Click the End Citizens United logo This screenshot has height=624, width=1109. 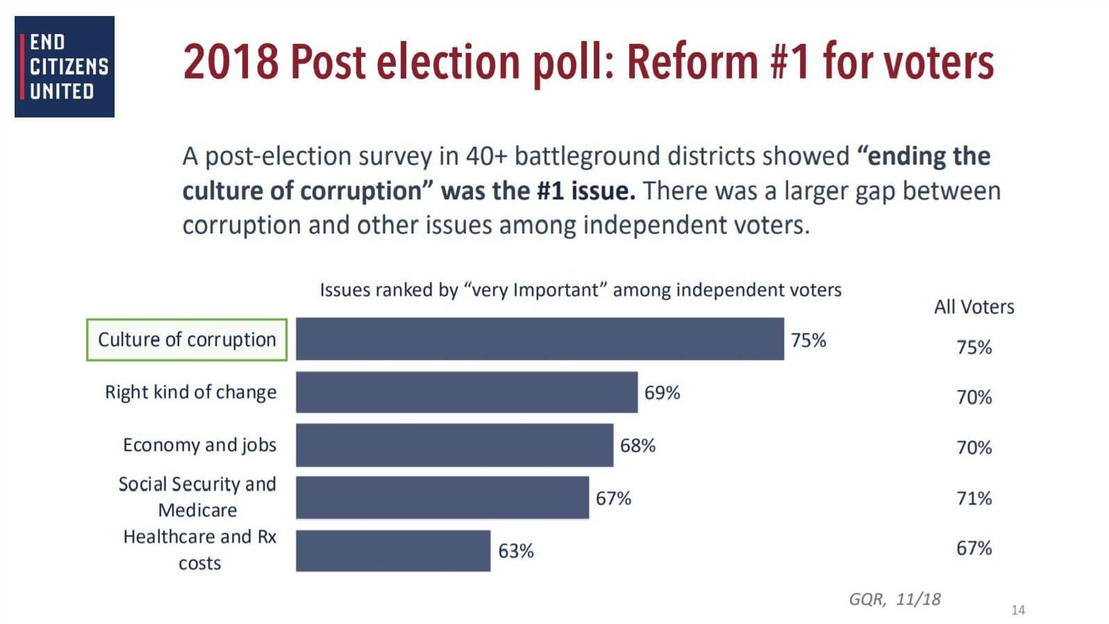pos(64,67)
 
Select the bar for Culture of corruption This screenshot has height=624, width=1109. pos(539,339)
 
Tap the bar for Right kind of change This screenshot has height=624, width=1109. pos(466,392)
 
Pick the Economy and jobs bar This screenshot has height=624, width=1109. pos(454,445)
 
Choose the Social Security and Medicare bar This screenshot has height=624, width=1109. pos(442,498)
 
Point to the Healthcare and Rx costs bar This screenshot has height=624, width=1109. pos(392,550)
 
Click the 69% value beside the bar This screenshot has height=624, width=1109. pos(662,393)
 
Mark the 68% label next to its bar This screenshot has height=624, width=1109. pos(637,445)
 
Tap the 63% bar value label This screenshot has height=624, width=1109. pos(516,551)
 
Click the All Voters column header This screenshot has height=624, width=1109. pos(974,307)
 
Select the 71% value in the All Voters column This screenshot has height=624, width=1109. pos(974,498)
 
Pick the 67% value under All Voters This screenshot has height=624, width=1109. pos(974,548)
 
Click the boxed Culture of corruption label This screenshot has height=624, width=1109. pos(186,340)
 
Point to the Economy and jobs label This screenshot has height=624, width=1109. pos(199,445)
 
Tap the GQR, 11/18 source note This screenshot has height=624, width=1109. pos(894,599)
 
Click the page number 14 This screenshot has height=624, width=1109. pos(1017,610)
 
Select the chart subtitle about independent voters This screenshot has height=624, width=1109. pos(580,290)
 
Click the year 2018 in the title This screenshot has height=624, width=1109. pos(231,62)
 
